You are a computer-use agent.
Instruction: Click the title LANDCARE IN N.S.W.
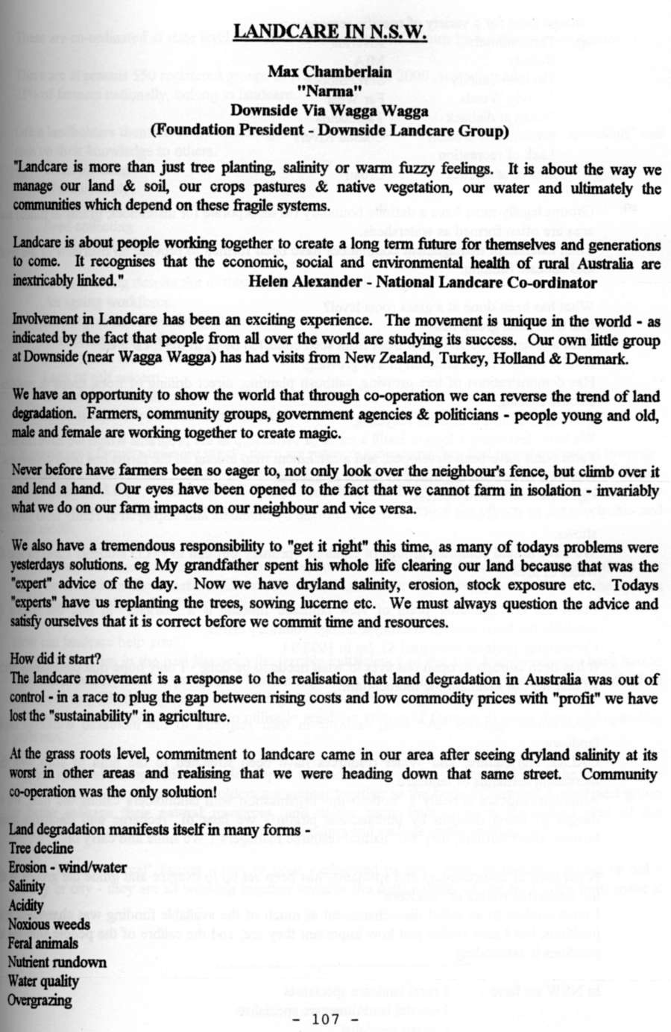click(330, 33)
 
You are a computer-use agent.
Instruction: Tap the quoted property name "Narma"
click(329, 92)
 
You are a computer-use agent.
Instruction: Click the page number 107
click(328, 1017)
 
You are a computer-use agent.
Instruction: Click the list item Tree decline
click(41, 848)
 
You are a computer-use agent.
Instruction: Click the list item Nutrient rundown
click(57, 963)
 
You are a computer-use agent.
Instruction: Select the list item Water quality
click(43, 981)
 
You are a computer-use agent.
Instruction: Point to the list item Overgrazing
click(40, 1001)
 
